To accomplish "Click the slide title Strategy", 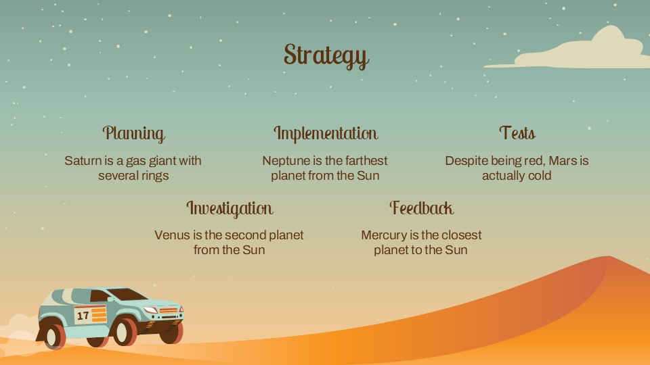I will tap(326, 55).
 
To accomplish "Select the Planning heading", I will tap(133, 133).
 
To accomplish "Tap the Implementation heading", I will tap(325, 133).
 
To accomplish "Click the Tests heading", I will tap(517, 133).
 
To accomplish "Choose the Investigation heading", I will tap(230, 208).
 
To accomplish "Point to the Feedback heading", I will tap(421, 208).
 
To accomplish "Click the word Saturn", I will tap(82, 161).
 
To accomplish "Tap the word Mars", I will tap(564, 161).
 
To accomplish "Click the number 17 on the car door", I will tap(83, 316).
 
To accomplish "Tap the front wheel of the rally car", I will tap(125, 332).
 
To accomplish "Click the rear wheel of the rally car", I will tap(52, 335).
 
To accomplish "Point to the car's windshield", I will tap(126, 295).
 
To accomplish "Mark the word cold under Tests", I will tap(538, 176).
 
